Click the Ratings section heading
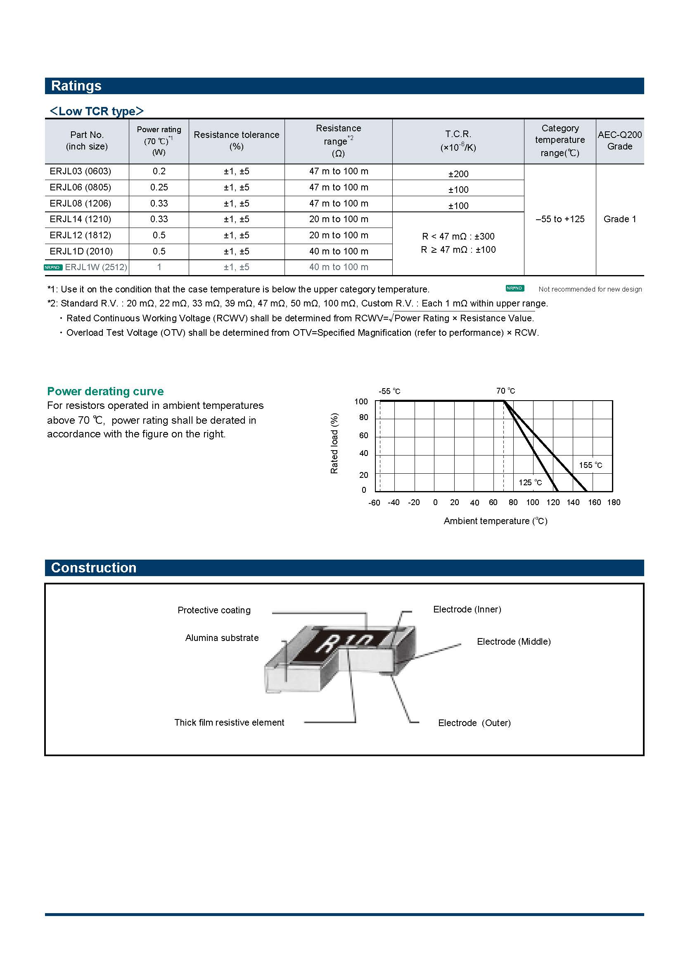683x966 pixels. (x=76, y=86)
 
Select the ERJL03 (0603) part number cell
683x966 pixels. (x=81, y=171)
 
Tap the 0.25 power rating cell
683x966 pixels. (x=159, y=187)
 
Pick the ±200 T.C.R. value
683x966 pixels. (x=458, y=174)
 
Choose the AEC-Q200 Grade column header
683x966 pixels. (x=619, y=140)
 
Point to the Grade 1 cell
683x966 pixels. (x=619, y=219)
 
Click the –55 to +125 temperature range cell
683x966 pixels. (x=560, y=219)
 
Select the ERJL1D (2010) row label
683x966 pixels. (x=81, y=251)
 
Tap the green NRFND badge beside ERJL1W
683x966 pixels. (x=53, y=267)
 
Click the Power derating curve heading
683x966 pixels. (x=105, y=391)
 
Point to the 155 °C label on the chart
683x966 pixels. (x=591, y=465)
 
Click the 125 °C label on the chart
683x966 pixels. (x=530, y=482)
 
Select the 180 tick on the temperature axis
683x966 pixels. (x=614, y=502)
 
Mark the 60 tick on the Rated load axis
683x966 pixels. (x=363, y=435)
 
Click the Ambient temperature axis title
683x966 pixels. (x=496, y=521)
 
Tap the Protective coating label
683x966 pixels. (x=213, y=610)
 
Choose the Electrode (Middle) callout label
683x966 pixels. (x=514, y=642)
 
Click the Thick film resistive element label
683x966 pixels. (x=229, y=722)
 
